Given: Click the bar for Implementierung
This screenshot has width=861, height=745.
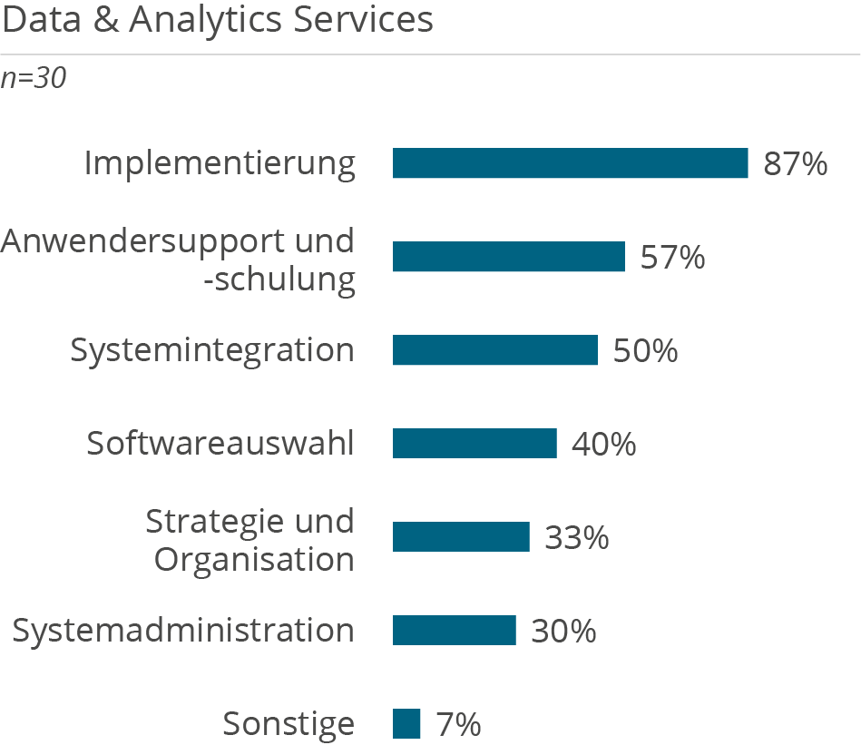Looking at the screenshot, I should [x=570, y=163].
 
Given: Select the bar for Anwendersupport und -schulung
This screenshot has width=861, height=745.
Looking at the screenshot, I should [x=508, y=257].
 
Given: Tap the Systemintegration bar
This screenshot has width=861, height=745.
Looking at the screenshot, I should [x=494, y=350].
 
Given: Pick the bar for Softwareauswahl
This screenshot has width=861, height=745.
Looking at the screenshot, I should [x=475, y=444].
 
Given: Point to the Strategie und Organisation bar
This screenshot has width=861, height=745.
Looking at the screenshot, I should [x=461, y=537].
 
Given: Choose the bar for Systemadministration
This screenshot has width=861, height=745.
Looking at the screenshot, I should [x=454, y=630].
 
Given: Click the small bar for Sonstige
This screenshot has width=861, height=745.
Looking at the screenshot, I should [x=407, y=724].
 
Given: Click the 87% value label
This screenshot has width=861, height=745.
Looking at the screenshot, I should [x=795, y=164].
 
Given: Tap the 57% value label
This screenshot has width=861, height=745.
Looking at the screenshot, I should [x=672, y=258].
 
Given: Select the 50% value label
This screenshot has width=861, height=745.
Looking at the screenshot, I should [x=645, y=351].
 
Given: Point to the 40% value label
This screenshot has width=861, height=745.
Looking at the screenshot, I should [x=603, y=445].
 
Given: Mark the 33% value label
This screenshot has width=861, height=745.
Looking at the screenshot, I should [x=576, y=538].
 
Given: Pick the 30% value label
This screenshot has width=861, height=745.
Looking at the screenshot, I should [x=563, y=631].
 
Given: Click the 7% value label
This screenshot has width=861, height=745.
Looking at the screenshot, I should [x=458, y=725].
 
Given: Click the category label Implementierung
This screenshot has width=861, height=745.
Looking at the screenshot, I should [x=220, y=164].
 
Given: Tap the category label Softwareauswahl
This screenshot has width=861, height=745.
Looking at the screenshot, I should [x=220, y=444].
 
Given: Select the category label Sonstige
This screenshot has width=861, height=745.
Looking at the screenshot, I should [x=289, y=725].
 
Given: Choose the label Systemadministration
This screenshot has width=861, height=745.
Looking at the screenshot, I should [x=182, y=630].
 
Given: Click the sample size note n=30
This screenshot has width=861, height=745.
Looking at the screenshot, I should [x=34, y=79].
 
